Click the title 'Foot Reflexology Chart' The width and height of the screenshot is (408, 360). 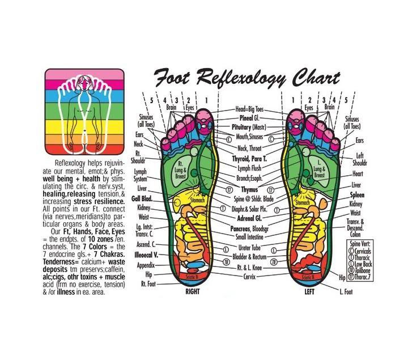248,77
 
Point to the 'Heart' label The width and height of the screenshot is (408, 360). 357,174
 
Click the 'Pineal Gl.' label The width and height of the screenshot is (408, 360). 249,118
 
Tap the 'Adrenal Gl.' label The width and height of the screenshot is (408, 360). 249,217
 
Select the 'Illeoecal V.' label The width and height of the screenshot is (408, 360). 146,255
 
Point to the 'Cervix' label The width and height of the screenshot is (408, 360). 249,276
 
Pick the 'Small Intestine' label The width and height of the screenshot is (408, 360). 249,236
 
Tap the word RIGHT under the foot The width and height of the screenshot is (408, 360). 194,293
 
